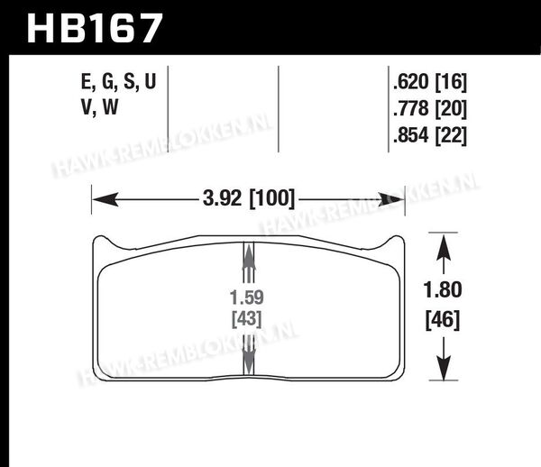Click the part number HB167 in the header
94,28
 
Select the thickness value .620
410,81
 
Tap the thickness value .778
410,108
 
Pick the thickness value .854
410,135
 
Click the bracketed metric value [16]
451,82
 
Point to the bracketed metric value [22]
451,135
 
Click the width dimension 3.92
222,199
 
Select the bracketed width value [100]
272,199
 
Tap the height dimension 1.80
443,289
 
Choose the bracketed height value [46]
443,320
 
